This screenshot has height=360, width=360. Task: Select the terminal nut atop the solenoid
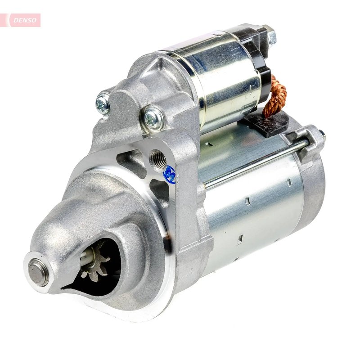tap(271, 36)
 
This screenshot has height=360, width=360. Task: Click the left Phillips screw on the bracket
tap(103, 103)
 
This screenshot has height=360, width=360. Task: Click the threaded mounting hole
tap(159, 158)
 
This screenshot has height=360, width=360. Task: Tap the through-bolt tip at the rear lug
tap(322, 134)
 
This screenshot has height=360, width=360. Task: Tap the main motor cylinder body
tap(252, 211)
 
